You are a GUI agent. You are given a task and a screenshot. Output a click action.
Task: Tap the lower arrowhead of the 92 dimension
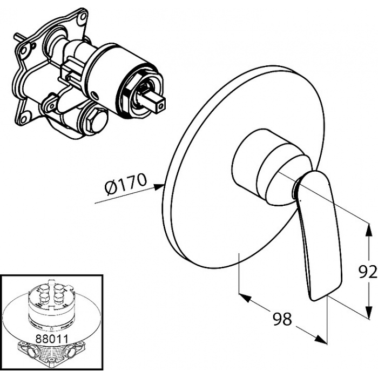pos(368,315)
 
